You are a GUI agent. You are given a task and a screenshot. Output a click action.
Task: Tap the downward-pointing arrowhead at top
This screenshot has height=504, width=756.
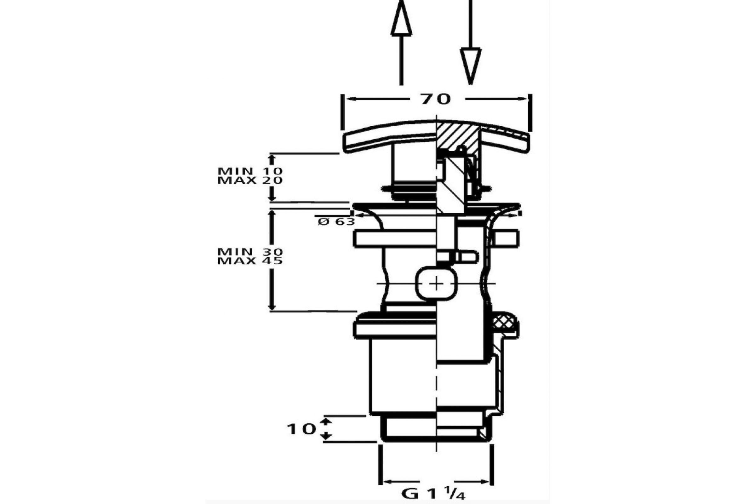[471, 66]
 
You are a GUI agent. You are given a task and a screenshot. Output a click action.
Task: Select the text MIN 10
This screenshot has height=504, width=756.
[250, 171]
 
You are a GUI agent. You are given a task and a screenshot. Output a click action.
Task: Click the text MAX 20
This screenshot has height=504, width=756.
[250, 180]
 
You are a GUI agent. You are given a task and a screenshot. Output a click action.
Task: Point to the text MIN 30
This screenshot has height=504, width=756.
[250, 251]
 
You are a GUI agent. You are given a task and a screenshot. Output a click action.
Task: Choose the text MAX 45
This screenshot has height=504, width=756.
[250, 261]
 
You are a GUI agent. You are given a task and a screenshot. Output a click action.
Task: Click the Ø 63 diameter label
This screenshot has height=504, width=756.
[336, 221]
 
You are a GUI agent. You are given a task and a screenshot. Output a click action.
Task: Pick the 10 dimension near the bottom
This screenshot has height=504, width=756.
[301, 429]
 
